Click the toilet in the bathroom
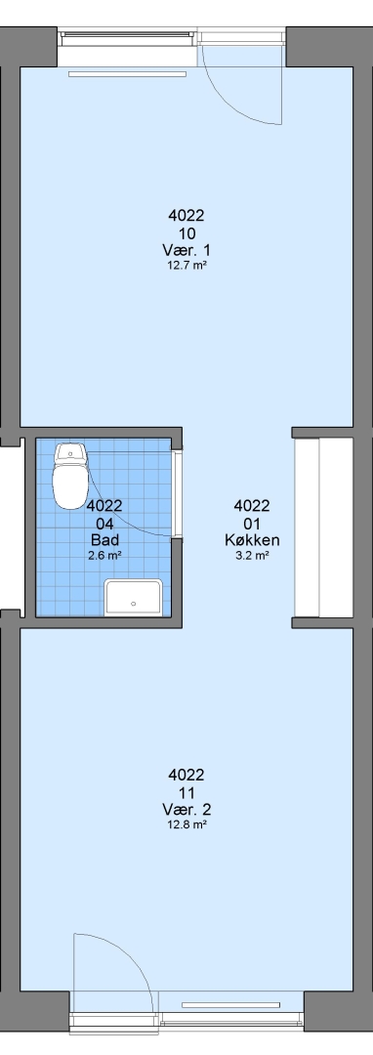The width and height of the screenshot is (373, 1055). click(x=70, y=475)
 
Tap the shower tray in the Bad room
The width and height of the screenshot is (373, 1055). click(x=133, y=598)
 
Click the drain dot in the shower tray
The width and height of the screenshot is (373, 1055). click(x=133, y=604)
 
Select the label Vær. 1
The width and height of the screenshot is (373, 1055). click(x=186, y=251)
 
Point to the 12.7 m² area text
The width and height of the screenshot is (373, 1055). click(x=186, y=265)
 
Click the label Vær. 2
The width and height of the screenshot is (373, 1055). click(x=186, y=810)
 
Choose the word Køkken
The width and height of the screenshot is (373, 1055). click(x=252, y=539)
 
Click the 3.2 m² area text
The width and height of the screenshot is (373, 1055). click(x=252, y=556)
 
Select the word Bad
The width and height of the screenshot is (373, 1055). click(x=104, y=539)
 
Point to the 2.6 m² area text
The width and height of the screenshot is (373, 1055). click(x=104, y=556)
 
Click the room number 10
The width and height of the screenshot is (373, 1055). click(x=186, y=233)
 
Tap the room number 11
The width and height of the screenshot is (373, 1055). click(x=186, y=792)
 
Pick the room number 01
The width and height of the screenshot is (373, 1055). click(x=252, y=523)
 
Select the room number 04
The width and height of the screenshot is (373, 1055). click(x=104, y=523)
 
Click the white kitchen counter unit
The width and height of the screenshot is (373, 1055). click(x=324, y=527)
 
